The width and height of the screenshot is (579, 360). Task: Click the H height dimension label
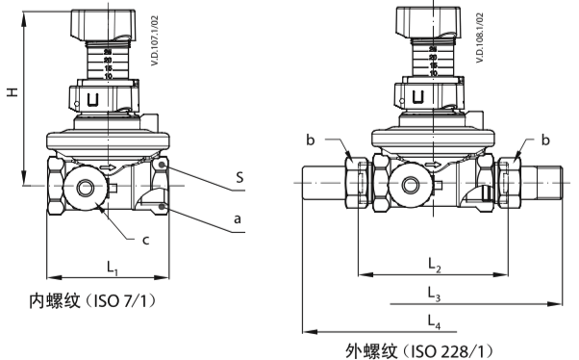coord(13,92)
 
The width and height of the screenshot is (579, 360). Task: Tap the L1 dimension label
coord(113,268)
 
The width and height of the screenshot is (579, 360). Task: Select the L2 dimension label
coord(435,265)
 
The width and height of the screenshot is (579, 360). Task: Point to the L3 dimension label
coord(434,295)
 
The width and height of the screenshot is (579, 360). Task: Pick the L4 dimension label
coord(434,321)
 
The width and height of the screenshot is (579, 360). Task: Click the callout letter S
coord(240,177)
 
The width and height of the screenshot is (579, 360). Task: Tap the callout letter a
coord(238,219)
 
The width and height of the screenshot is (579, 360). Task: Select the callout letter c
coord(146,241)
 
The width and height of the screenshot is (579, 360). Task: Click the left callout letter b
coord(311,140)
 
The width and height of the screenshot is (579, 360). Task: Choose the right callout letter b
coord(545,140)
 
